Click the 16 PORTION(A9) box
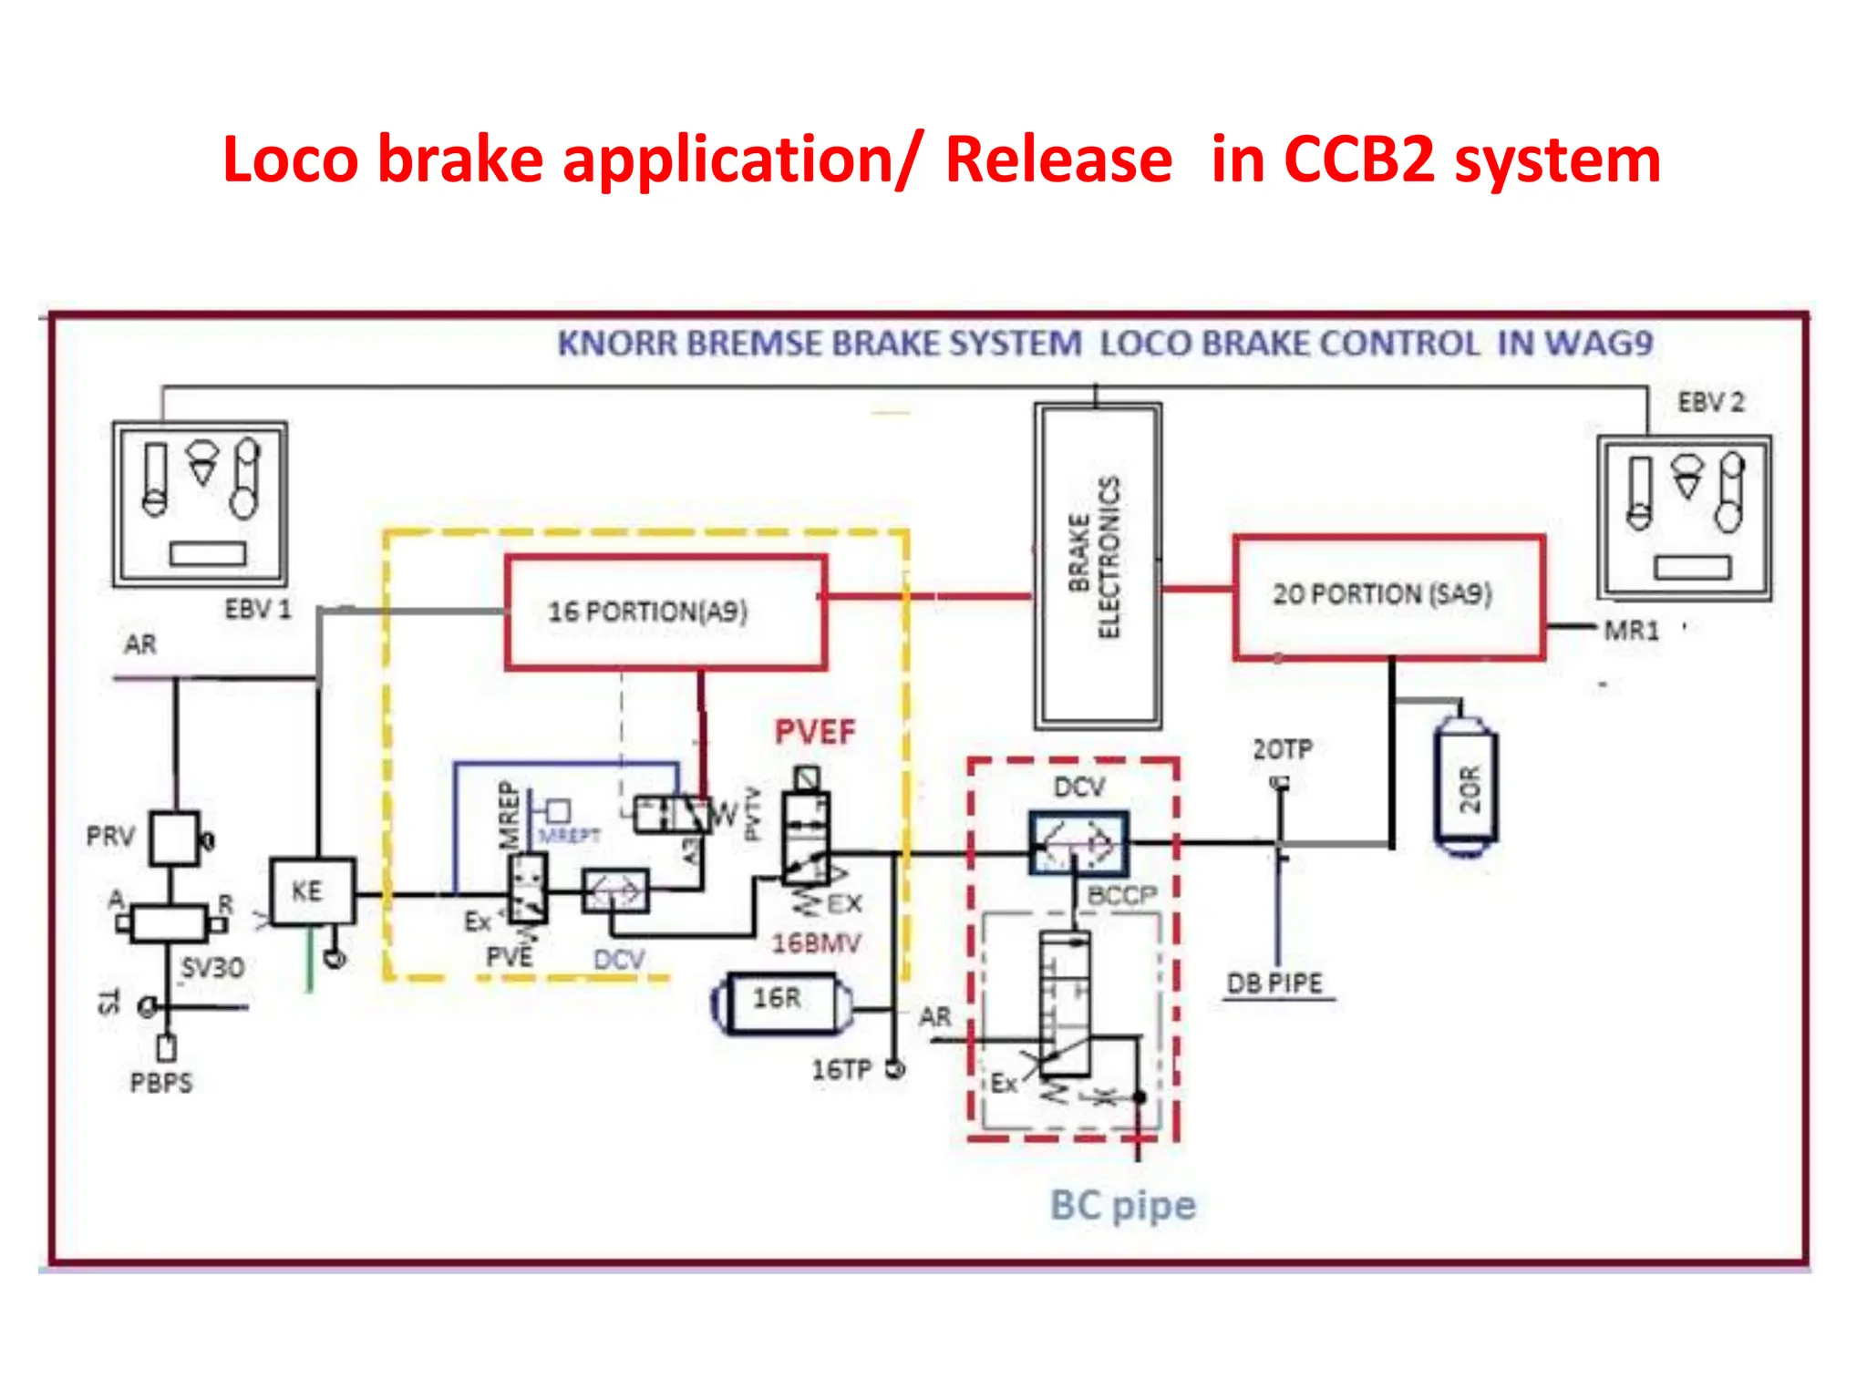tap(665, 612)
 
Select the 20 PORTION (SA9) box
tap(1387, 596)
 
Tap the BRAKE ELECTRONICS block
tap(1098, 565)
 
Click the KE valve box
tap(311, 890)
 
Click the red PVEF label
tap(815, 732)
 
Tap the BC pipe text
tap(1122, 1205)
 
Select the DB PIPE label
tap(1274, 983)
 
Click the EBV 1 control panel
tap(200, 503)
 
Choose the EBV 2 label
tap(1710, 402)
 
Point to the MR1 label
tap(1631, 630)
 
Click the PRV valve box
tap(174, 838)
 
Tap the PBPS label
tap(161, 1083)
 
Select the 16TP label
tap(841, 1069)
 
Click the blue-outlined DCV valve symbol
tap(1078, 843)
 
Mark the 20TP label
tap(1282, 749)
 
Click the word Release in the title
tap(1057, 160)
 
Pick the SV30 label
tap(211, 967)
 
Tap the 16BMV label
tap(816, 942)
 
